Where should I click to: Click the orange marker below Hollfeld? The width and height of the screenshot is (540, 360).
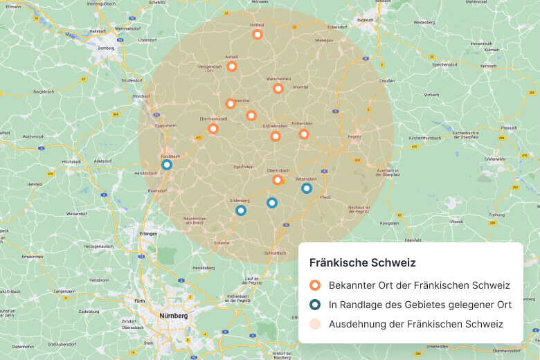[x=258, y=34]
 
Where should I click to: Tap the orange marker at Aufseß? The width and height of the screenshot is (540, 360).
[x=232, y=66]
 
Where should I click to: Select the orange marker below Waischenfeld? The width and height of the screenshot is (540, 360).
[x=278, y=89]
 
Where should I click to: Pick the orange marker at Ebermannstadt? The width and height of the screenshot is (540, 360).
[x=213, y=128]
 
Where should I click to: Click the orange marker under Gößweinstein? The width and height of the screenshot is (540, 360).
[x=275, y=136]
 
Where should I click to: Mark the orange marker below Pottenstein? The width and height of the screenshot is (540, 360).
[x=303, y=134]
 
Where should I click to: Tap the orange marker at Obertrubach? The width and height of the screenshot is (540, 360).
[x=277, y=180]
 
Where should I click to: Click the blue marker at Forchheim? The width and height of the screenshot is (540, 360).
[x=166, y=165]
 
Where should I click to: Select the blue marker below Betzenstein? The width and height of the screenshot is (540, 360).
[x=307, y=188]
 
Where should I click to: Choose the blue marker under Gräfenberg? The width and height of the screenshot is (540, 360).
[x=240, y=210]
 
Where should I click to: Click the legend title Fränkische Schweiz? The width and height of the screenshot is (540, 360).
[x=362, y=263]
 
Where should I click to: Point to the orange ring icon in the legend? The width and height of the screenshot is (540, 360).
[x=315, y=285]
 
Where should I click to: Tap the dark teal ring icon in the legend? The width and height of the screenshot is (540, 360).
[x=315, y=305]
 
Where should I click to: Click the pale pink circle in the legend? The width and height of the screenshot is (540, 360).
[x=315, y=324]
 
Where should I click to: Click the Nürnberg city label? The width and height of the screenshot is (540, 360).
[x=174, y=316]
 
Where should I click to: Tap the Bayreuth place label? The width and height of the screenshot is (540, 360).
[x=364, y=20]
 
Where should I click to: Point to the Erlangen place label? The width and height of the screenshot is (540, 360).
[x=148, y=233]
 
